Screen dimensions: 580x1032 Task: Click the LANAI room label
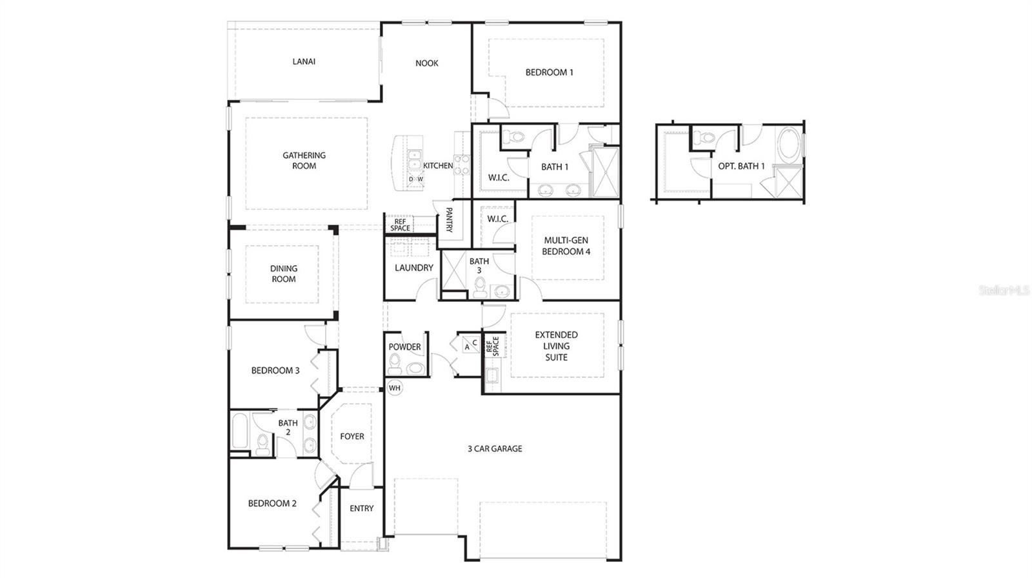coord(304,62)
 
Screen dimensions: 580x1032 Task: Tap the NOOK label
coord(426,63)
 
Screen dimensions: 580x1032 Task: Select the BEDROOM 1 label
coord(549,72)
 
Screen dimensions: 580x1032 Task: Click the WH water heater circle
coord(395,388)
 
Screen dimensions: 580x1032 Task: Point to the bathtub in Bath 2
coord(240,432)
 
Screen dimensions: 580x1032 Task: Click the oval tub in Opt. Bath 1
coord(788,146)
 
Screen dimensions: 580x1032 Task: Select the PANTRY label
coord(449,219)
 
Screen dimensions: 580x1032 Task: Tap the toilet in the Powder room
coord(395,364)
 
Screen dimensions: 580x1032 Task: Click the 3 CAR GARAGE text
coord(495,448)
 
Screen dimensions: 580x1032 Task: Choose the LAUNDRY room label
coord(413,268)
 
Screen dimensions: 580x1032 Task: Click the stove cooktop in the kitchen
coord(462,165)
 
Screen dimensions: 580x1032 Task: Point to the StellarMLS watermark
coord(1004,291)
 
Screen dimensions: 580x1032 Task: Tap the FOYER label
coord(352,437)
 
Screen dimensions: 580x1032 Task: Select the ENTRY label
coord(361,508)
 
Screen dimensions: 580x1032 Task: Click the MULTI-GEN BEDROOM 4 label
coord(566,246)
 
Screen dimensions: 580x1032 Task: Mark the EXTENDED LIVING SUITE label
coord(556,346)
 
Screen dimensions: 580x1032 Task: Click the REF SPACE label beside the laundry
coord(400,225)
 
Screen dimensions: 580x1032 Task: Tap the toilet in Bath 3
coord(480,288)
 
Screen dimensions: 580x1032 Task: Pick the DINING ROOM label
coord(283,274)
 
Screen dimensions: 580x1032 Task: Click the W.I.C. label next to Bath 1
coord(498,177)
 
